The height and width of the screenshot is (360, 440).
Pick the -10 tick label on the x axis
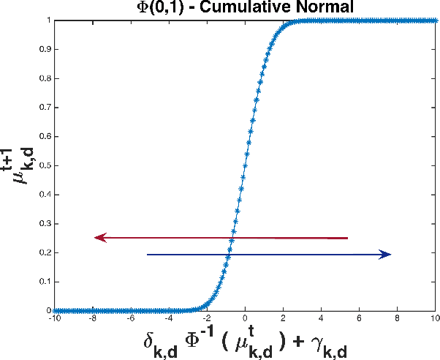[55, 318]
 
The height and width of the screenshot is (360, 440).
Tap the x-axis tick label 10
[436, 318]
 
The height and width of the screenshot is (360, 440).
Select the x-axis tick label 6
[360, 318]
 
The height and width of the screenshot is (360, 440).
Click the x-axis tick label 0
[245, 318]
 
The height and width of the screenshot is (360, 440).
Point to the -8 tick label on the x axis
[92, 318]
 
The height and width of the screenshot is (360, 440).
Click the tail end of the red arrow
[347, 238]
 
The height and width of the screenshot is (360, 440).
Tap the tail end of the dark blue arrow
[148, 255]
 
